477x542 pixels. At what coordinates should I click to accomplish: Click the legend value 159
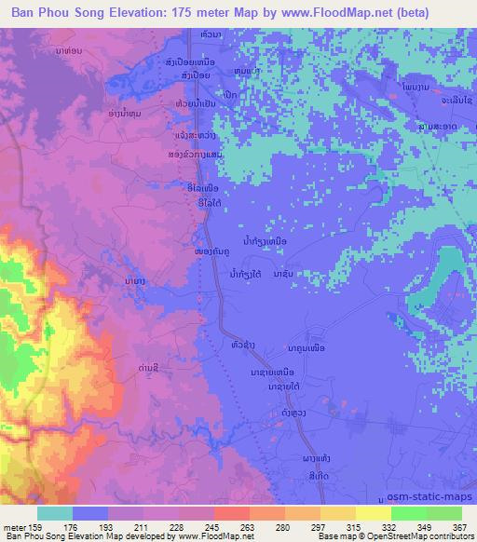tap(35, 527)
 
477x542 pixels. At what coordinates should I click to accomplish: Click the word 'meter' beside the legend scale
tap(13, 527)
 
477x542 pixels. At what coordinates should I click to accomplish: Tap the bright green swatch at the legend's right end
tap(443, 513)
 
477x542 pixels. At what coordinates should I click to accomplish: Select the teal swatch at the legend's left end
tap(54, 513)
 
